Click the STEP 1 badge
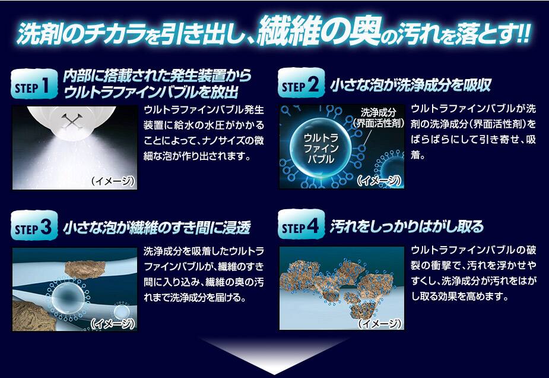34,84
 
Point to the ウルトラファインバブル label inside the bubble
320,147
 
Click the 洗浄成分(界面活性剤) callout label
379,118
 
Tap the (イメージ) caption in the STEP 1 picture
113,181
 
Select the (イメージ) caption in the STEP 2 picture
379,180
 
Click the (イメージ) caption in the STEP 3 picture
113,323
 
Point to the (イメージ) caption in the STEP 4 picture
379,323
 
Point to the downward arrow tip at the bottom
274,374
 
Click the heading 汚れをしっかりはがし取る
407,226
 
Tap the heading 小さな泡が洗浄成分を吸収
410,85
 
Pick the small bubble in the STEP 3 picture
121,311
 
